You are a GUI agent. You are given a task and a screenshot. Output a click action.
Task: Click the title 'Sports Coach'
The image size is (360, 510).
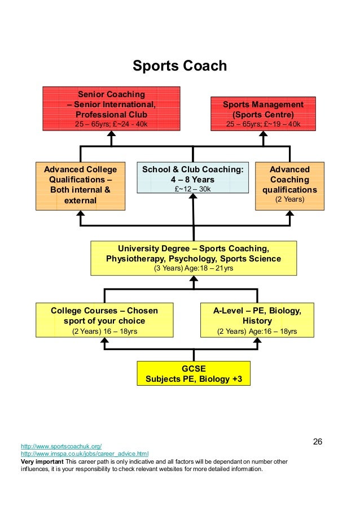(179, 66)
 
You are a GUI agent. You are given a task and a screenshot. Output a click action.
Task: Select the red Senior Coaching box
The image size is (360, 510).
(111, 108)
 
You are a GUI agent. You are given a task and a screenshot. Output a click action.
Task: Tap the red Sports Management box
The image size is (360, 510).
(263, 114)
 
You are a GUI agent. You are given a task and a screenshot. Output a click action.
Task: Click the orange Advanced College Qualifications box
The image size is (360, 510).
(81, 185)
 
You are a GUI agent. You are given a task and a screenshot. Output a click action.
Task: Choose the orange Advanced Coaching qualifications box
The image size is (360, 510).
(289, 185)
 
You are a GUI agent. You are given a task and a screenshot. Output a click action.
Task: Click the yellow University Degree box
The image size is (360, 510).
(194, 258)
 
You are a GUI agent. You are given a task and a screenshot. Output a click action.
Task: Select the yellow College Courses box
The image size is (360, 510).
(104, 320)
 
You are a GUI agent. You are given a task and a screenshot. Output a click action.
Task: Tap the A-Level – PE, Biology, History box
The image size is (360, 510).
(257, 320)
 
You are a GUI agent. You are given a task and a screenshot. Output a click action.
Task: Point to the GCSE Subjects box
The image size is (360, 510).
(194, 373)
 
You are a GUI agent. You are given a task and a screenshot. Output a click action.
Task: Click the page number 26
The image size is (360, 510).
(317, 441)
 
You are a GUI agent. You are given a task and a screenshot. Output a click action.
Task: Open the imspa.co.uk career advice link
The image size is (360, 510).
(85, 454)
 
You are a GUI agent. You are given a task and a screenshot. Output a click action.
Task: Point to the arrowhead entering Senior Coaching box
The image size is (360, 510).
(112, 135)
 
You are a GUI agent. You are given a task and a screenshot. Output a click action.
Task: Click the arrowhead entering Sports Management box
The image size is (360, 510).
(263, 135)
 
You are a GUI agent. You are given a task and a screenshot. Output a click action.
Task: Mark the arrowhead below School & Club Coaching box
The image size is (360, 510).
(194, 197)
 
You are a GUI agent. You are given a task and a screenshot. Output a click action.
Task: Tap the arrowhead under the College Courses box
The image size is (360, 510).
(104, 341)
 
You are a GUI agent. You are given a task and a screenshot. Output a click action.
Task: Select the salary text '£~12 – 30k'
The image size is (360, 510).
(193, 189)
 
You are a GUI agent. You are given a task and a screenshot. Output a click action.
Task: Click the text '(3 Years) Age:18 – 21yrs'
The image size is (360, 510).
(194, 268)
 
